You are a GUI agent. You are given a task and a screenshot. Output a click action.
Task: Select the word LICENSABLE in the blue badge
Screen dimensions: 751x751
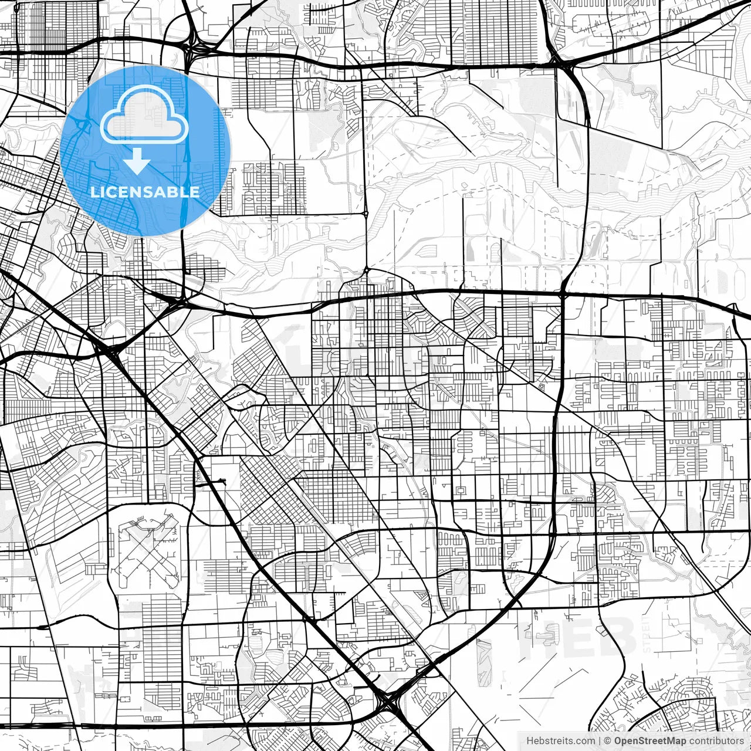pyautogui.click(x=145, y=192)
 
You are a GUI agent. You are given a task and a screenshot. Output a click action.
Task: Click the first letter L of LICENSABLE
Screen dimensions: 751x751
pyautogui.click(x=94, y=192)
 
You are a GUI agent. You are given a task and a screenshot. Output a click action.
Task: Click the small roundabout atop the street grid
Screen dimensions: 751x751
pyautogui.click(x=366, y=270)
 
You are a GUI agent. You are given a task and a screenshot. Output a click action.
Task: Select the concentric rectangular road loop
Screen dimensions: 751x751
pyautogui.click(x=461, y=488)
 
